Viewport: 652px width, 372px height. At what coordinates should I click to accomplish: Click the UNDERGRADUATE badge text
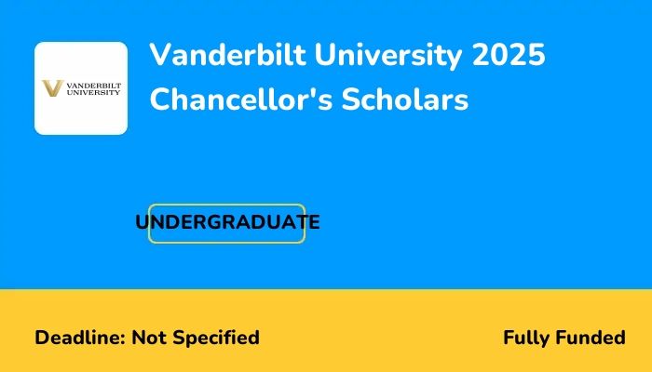(x=227, y=223)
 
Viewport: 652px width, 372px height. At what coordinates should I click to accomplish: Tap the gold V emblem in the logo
(x=53, y=88)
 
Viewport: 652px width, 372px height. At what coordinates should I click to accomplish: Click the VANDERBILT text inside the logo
(x=90, y=85)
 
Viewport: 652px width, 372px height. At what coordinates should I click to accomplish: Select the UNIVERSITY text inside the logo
(x=90, y=93)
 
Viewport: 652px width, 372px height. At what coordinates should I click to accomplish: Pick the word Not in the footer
(x=147, y=338)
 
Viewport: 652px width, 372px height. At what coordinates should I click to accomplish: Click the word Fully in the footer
(x=528, y=338)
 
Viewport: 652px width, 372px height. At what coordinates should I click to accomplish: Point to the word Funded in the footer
(x=591, y=338)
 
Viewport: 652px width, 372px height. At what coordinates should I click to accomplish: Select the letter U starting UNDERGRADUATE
(x=143, y=223)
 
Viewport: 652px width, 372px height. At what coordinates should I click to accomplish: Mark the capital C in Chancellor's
(x=161, y=100)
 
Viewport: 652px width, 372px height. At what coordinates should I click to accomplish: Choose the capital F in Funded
(x=563, y=338)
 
